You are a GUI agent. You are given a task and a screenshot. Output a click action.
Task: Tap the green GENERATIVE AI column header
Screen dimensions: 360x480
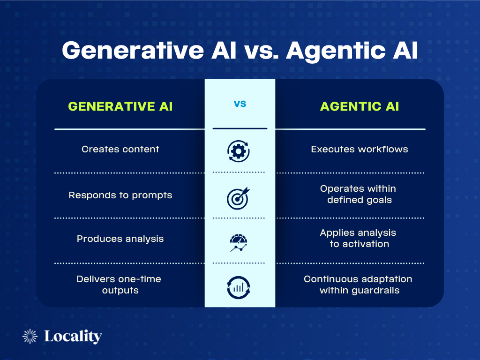coord(120,106)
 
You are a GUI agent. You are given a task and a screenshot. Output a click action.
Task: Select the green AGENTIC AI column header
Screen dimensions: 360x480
coord(360,106)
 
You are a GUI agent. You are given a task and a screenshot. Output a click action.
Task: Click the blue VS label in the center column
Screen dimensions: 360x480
coord(240,104)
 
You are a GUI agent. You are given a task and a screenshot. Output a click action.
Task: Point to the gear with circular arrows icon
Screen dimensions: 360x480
coord(239,150)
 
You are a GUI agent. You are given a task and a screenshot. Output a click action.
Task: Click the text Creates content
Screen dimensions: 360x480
coord(120,150)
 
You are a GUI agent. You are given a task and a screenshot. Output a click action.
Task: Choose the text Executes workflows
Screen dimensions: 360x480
coord(360,150)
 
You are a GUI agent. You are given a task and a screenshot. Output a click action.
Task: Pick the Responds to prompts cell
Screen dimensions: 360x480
coord(120,195)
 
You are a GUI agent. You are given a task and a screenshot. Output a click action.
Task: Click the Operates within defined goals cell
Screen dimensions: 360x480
coord(359,195)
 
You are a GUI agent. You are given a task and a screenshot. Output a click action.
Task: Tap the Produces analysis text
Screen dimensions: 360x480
coord(120,239)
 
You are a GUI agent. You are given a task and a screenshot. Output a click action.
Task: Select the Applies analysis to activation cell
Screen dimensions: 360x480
coord(359,238)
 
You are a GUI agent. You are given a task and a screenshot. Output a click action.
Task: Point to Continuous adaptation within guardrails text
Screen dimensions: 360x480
coord(359,285)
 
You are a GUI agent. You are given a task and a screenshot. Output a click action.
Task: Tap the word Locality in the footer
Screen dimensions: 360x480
coord(73,337)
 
